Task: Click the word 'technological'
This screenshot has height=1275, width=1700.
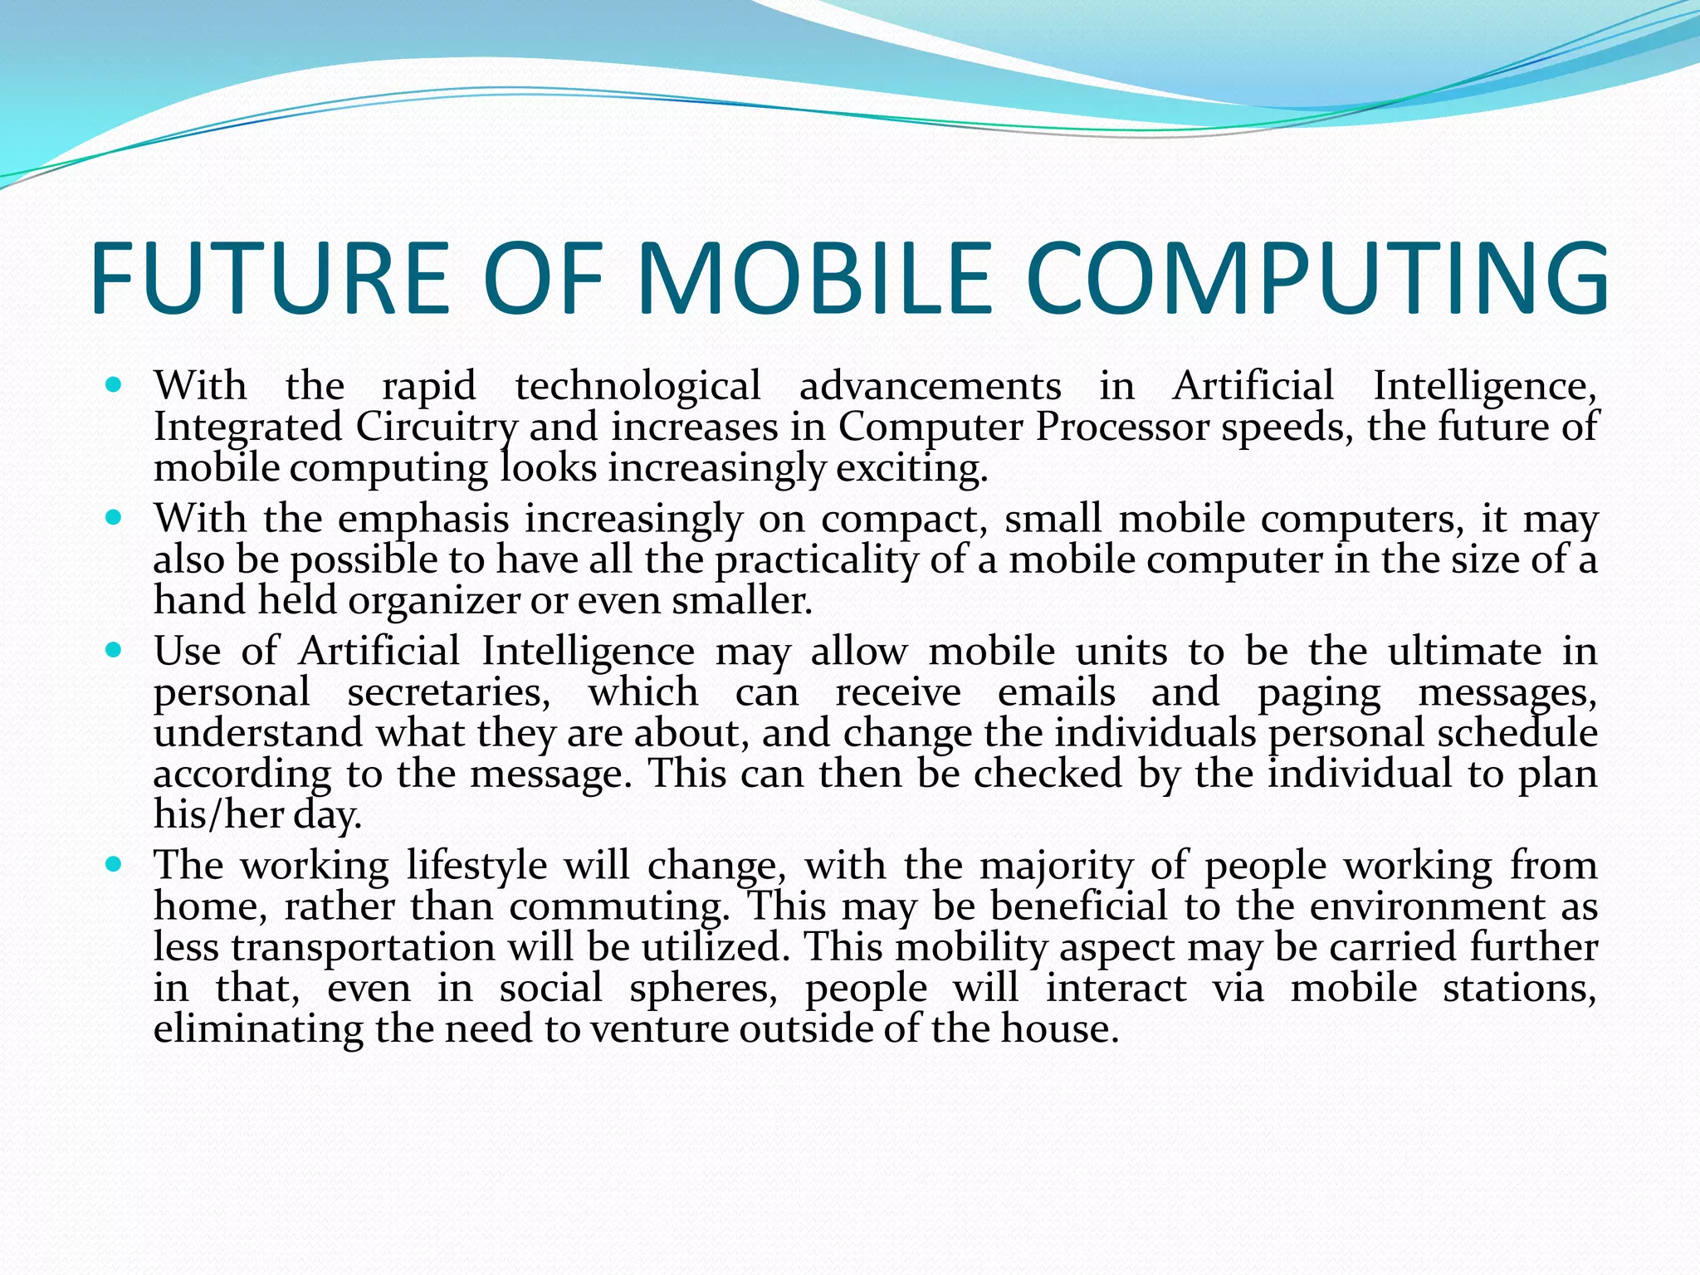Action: point(637,386)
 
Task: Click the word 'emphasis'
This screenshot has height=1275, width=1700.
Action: point(423,520)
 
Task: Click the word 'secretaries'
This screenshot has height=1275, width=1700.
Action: point(448,692)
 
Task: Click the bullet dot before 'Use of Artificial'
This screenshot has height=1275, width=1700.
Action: point(115,650)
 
